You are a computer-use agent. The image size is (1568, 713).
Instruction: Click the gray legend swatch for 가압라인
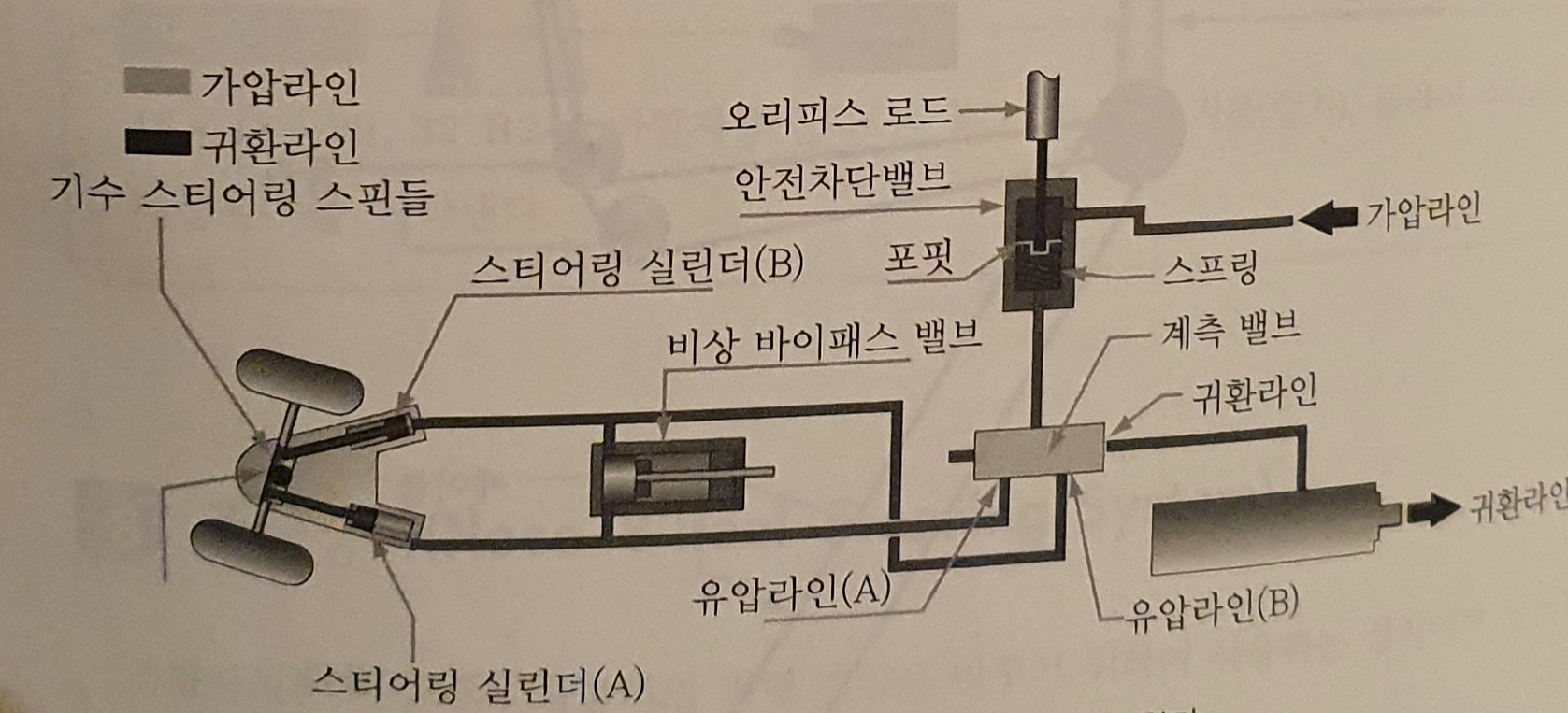click(x=158, y=82)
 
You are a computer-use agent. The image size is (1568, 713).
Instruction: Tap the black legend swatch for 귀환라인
click(x=158, y=142)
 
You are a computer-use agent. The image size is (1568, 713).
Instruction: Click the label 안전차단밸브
click(x=842, y=178)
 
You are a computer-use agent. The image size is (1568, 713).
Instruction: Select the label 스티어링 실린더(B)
click(x=637, y=267)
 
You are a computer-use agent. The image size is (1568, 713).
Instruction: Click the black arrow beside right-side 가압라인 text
click(x=1328, y=218)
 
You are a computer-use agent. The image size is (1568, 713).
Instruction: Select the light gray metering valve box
click(x=1038, y=452)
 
